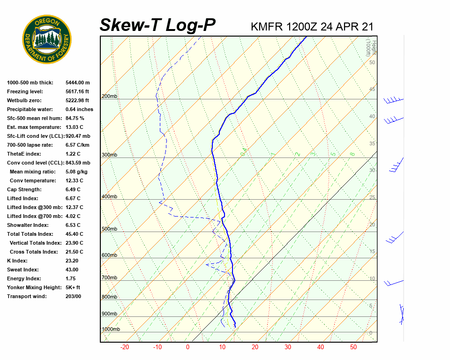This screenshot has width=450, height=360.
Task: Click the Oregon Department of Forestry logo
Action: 47,39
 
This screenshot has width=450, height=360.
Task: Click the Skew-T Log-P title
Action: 157,25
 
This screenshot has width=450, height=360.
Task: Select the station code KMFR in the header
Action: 267,27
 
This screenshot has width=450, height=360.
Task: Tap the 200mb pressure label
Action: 109,97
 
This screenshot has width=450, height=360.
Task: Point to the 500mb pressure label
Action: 109,229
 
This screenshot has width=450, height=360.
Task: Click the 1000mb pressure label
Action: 111,330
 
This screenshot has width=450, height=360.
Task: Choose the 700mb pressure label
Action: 109,278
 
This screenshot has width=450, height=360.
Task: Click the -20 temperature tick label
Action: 125,347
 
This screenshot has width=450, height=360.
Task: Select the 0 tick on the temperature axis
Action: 187,347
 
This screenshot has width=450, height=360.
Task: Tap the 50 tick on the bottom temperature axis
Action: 353,347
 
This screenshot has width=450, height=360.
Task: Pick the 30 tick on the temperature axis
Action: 287,347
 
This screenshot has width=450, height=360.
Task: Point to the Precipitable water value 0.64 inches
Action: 79,109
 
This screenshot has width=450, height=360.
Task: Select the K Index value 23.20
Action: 72,261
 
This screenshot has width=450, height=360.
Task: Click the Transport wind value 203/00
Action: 73,296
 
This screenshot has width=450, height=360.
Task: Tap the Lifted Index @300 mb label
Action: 32,207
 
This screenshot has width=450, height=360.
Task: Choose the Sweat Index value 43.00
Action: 72,270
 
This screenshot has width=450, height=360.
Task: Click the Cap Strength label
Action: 24,189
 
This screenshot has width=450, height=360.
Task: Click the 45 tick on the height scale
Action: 372,89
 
